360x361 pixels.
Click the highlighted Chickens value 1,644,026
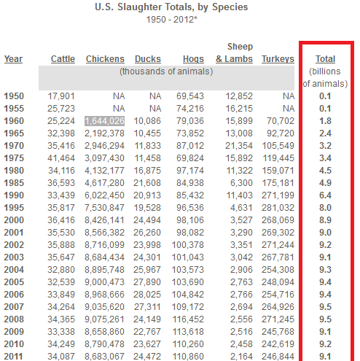click(105, 121)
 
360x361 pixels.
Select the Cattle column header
click(63, 59)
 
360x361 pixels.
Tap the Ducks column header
click(148, 59)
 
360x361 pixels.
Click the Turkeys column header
click(278, 59)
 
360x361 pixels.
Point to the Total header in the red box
click(325, 59)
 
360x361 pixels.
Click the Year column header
click(13, 59)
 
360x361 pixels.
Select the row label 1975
click(14, 158)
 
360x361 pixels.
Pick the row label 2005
click(14, 282)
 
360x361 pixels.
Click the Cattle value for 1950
click(61, 96)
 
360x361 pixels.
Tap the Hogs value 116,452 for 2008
click(188, 319)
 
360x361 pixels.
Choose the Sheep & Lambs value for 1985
click(241, 183)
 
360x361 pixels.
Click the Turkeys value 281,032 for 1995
click(278, 208)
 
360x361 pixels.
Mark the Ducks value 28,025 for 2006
click(147, 295)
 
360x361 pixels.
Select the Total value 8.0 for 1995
click(325, 208)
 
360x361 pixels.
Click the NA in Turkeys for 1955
click(289, 109)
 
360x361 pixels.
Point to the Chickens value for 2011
click(104, 357)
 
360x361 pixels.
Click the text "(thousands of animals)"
click(166, 71)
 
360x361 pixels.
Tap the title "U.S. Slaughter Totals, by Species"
click(171, 7)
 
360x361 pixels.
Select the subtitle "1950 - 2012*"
click(171, 20)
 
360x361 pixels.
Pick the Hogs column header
click(193, 59)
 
